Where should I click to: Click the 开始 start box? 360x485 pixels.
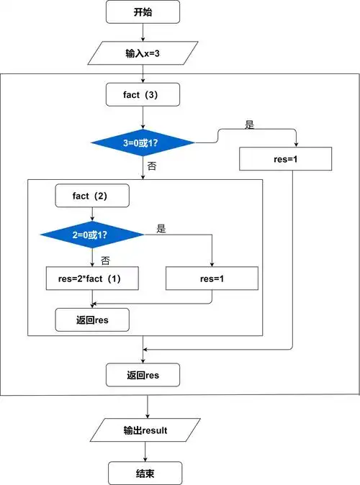tap(143, 12)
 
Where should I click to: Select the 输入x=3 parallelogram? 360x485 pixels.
tap(143, 53)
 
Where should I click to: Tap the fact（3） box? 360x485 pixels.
tap(143, 94)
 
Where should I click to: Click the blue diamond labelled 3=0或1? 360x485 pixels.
tap(143, 142)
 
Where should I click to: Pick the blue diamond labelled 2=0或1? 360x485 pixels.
tap(92, 235)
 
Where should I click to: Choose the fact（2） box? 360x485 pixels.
tap(92, 195)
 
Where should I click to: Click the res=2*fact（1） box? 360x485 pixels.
tap(92, 278)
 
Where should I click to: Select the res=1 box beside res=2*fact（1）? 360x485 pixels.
tap(212, 278)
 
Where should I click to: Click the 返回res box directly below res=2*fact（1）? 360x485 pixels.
tap(92, 319)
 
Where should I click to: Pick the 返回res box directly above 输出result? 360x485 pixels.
tap(143, 375)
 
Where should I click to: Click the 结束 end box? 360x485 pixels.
tap(145, 473)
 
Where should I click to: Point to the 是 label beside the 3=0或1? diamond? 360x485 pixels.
tap(250, 124)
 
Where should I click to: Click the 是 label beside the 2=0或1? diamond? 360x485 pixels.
tap(161, 229)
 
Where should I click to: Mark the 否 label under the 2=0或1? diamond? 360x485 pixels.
tap(105, 259)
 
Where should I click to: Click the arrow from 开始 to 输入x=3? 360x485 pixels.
tap(143, 32)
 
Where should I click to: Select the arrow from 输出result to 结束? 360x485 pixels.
tap(145, 452)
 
